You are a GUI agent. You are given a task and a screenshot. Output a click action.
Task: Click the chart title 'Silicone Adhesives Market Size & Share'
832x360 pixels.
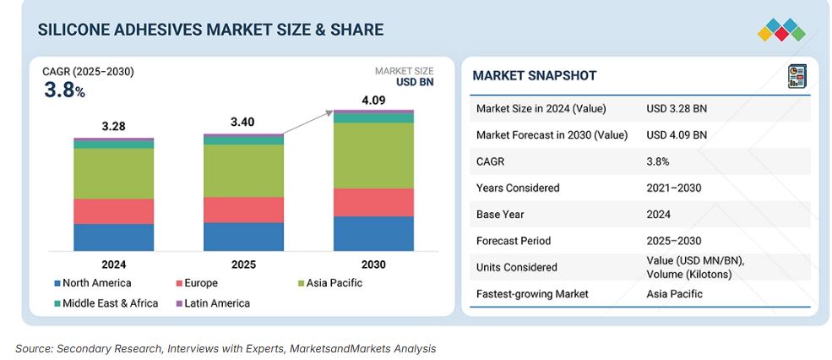210,30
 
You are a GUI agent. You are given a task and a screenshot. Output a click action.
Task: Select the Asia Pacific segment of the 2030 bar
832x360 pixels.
373,155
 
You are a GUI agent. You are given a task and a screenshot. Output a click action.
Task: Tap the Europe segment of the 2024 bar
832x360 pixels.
114,211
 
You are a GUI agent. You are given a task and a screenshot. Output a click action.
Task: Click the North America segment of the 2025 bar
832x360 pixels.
243,237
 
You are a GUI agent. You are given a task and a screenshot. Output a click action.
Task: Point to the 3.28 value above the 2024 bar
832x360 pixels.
113,126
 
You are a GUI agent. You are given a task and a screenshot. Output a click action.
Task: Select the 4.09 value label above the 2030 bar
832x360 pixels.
373,99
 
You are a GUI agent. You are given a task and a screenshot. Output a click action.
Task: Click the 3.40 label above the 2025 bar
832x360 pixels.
243,123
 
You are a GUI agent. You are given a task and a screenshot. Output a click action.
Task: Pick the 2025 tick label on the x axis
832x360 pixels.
243,265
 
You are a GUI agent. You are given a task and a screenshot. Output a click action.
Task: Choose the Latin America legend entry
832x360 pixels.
212,303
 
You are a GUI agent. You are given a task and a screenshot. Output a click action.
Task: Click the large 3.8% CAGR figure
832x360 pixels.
64,90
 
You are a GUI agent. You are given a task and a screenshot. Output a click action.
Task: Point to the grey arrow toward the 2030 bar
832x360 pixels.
307,123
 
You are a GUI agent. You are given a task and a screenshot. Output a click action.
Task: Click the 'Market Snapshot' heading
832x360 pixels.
534,76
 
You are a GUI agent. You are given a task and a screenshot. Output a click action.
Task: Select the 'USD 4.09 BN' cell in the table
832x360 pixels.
677,134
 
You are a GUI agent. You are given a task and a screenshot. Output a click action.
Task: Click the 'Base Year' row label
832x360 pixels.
501,214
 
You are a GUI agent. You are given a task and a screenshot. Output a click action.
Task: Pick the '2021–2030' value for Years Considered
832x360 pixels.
674,188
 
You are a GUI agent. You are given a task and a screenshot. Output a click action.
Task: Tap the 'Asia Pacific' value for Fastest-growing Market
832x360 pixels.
674,294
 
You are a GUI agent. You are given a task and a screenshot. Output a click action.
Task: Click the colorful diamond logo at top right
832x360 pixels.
781,30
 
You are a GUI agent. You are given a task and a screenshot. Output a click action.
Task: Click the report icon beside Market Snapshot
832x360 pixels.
797,76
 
